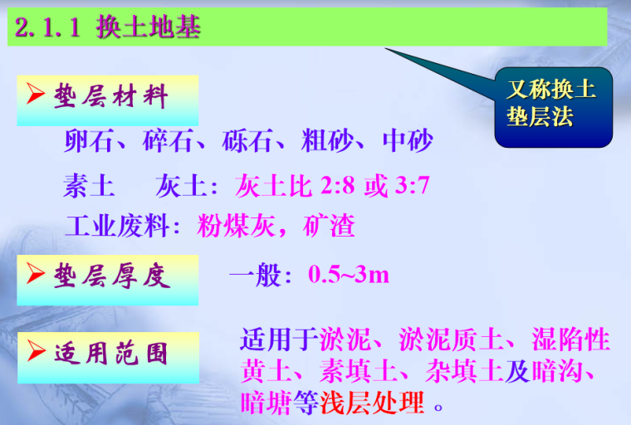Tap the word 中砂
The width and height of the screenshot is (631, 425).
pyautogui.click(x=408, y=141)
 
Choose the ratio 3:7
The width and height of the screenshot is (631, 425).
pyautogui.click(x=412, y=185)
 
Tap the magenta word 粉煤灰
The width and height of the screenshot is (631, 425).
pyautogui.click(x=231, y=226)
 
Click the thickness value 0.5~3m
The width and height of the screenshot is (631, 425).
pyautogui.click(x=349, y=275)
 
